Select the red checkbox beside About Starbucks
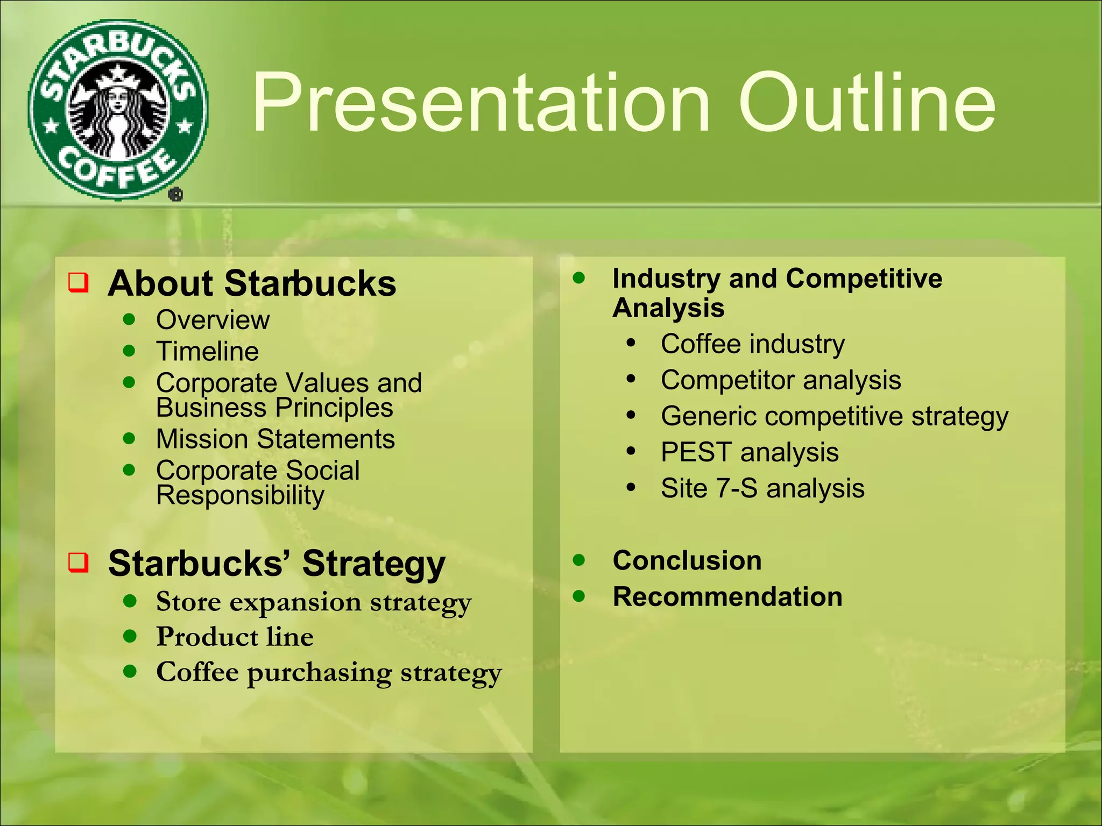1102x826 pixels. click(79, 282)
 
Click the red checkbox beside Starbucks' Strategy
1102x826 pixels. click(79, 562)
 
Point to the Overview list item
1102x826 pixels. click(213, 320)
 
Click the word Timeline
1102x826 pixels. click(207, 351)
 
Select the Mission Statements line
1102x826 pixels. click(275, 439)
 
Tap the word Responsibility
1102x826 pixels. click(240, 495)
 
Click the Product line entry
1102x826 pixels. click(235, 637)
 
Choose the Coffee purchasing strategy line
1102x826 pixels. click(328, 672)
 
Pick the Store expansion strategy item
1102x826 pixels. click(313, 602)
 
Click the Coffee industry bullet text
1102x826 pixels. click(752, 344)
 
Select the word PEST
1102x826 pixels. click(696, 452)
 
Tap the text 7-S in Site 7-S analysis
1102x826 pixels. click(736, 488)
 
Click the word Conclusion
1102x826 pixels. click(687, 560)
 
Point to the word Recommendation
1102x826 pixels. click(727, 597)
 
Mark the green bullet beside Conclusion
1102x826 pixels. click(579, 560)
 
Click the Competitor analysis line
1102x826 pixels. click(780, 380)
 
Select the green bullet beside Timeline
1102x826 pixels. click(129, 351)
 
